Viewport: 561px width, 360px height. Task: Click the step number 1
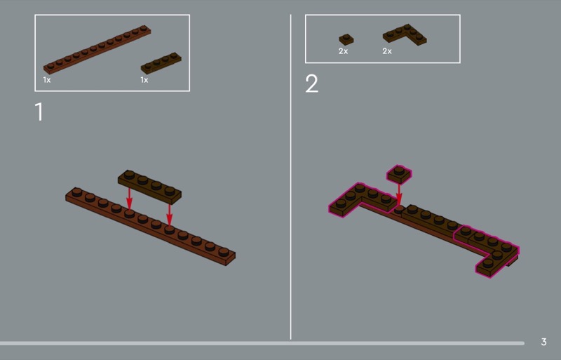click(39, 112)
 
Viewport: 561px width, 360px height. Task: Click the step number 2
click(311, 84)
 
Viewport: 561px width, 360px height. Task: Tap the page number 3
click(543, 342)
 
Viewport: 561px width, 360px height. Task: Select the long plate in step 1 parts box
click(97, 49)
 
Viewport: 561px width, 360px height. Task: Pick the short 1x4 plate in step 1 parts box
click(161, 62)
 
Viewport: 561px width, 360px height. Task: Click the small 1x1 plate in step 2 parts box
click(346, 39)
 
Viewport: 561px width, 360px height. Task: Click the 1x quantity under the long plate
click(47, 80)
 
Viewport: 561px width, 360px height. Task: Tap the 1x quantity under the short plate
click(144, 80)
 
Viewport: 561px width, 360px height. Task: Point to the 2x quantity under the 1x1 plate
click(343, 51)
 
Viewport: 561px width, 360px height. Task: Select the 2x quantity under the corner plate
click(387, 51)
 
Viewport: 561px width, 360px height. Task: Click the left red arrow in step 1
click(129, 198)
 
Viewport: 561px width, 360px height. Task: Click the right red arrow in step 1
click(169, 214)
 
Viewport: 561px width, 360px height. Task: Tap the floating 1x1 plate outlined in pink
click(399, 175)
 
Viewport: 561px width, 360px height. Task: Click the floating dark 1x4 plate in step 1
click(149, 187)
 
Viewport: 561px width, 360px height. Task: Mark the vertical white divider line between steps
click(290, 177)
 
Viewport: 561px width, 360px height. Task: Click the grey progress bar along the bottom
click(262, 343)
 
